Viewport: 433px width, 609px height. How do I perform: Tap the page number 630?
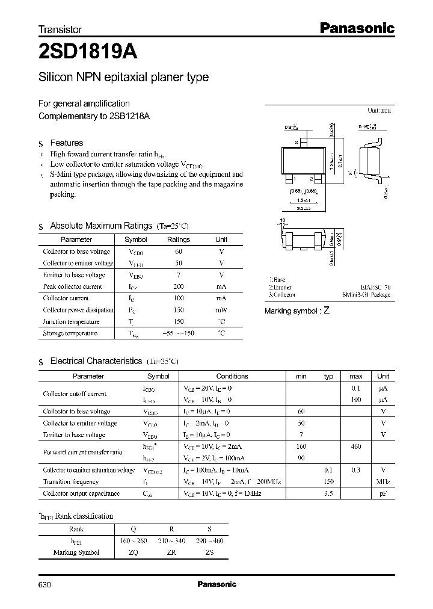pyautogui.click(x=46, y=584)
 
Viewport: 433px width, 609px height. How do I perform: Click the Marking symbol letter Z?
pyautogui.click(x=327, y=311)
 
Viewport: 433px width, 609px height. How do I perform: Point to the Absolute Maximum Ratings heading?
pyautogui.click(x=100, y=226)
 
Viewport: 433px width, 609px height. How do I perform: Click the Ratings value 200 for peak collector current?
pyautogui.click(x=179, y=286)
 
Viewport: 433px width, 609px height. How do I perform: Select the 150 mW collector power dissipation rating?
pyautogui.click(x=179, y=310)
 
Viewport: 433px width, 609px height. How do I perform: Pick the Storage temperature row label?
pyautogui.click(x=70, y=333)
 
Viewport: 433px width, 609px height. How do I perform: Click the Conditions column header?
pyautogui.click(x=232, y=376)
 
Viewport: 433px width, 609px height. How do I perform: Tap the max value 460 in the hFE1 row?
pyautogui.click(x=355, y=447)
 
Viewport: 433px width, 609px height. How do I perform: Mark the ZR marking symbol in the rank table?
pyautogui.click(x=171, y=552)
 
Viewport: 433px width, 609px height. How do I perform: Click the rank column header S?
pyautogui.click(x=209, y=530)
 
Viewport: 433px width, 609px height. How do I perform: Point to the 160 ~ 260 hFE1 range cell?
pyautogui.click(x=134, y=540)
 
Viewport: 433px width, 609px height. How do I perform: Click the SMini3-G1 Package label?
pyautogui.click(x=366, y=295)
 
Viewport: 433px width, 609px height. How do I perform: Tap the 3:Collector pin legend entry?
pyautogui.click(x=282, y=295)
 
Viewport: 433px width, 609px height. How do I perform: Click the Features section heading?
pyautogui.click(x=66, y=143)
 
